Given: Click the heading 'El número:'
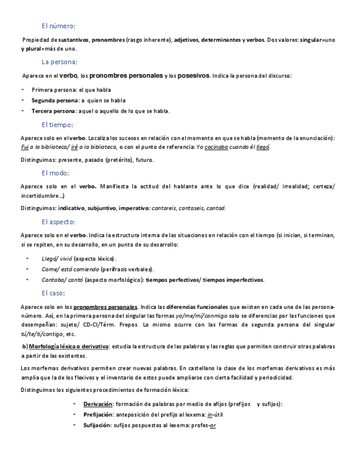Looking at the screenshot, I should tap(58, 26).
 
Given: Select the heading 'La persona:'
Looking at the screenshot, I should tap(59, 62).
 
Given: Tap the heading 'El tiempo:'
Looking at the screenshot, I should tap(57, 125).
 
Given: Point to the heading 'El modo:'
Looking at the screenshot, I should tap(55, 173).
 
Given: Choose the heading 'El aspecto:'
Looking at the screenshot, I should tap(58, 221).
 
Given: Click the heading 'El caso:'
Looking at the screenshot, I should tap(53, 293).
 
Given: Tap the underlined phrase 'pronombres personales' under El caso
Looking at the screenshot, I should tap(106, 306).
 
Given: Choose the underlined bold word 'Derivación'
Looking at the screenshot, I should tap(98, 404).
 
